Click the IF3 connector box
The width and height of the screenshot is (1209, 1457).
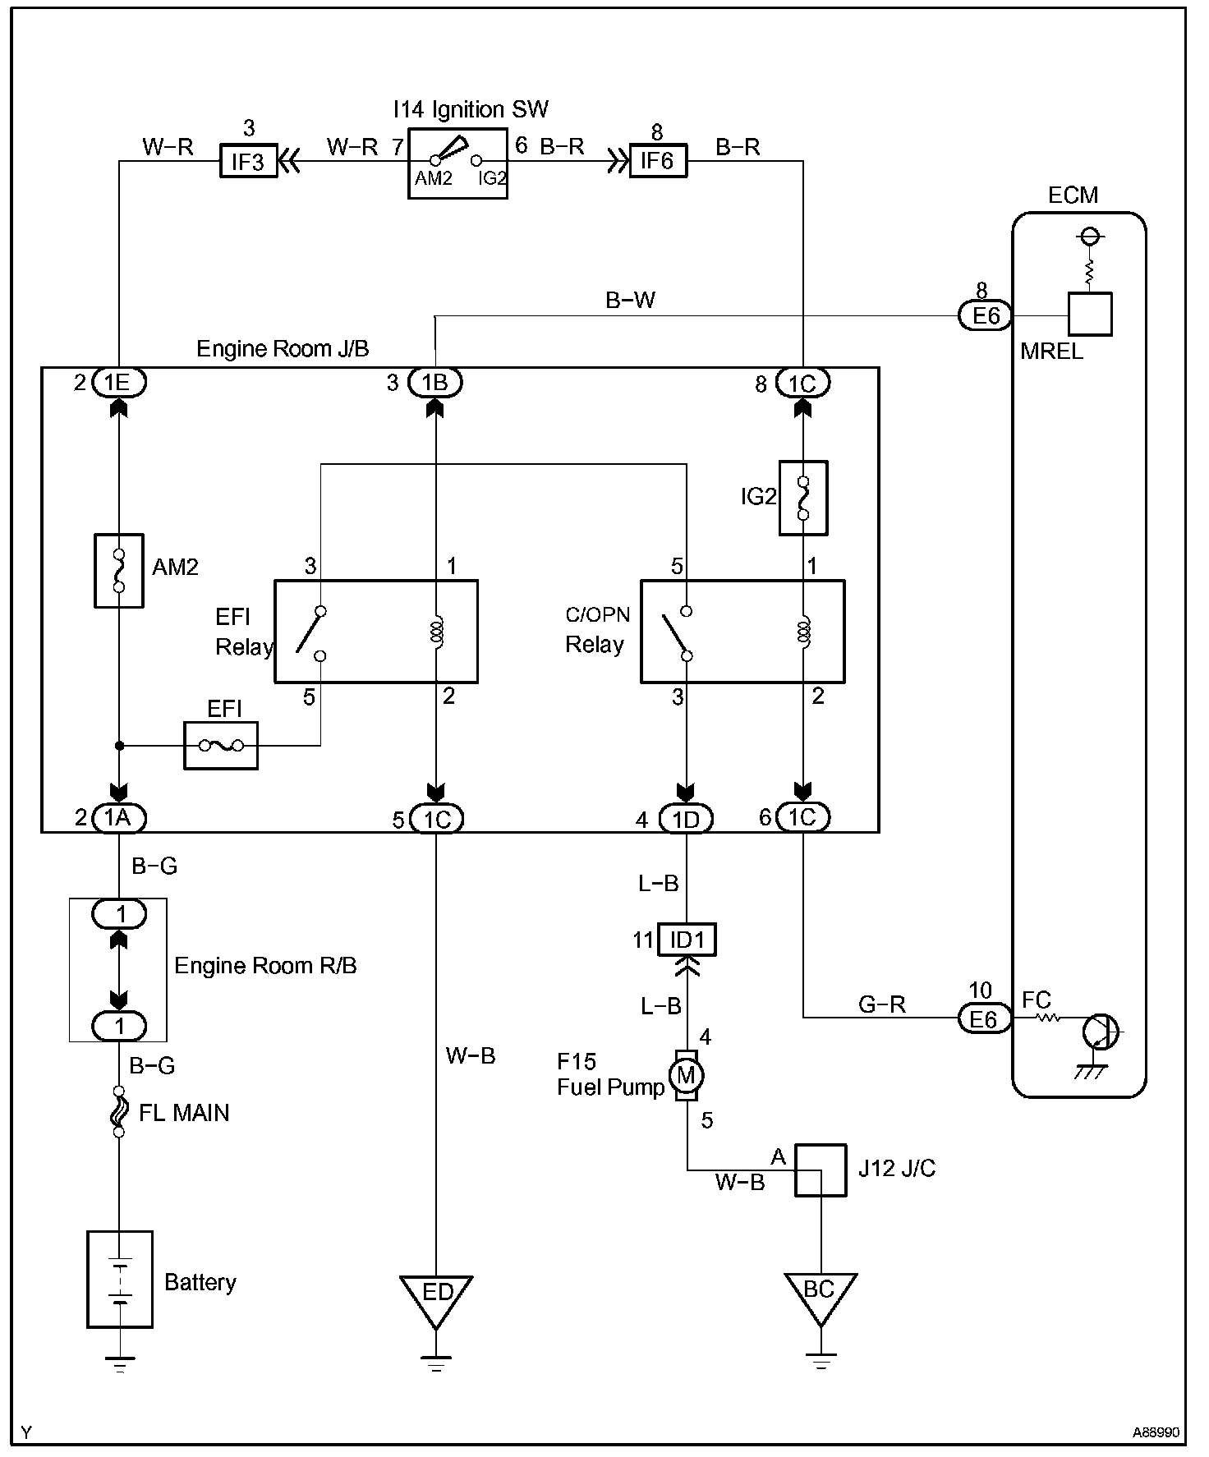(x=247, y=161)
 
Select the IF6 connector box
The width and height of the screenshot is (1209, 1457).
(x=657, y=161)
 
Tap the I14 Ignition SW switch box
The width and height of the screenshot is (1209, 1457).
(x=457, y=163)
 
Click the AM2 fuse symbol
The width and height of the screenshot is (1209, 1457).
(x=119, y=571)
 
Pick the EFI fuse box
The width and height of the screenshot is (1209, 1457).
(x=221, y=746)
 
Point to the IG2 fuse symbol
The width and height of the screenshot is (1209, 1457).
(x=803, y=499)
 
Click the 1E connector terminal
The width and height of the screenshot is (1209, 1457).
(x=120, y=382)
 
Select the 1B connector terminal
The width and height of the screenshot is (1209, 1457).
(x=435, y=382)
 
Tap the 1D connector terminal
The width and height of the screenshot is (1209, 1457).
(x=686, y=819)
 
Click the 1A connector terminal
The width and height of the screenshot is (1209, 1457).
(x=120, y=817)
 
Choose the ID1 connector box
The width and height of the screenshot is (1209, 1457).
(x=687, y=940)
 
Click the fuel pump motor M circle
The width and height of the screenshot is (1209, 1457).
(x=686, y=1075)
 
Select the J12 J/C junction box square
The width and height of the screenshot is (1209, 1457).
(x=820, y=1170)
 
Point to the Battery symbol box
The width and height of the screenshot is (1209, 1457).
(x=120, y=1279)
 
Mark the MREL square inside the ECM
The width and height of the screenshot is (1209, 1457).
(x=1090, y=314)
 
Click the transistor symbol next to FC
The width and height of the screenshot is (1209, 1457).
(x=1100, y=1032)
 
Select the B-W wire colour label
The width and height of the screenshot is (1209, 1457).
(x=630, y=301)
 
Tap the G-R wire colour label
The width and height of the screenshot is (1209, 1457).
(x=881, y=1004)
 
